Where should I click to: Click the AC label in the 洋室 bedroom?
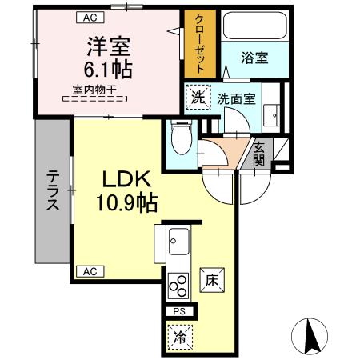pyautogui.click(x=92, y=16)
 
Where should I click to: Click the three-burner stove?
pyautogui.click(x=178, y=286)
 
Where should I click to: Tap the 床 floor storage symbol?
pyautogui.click(x=211, y=281)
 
